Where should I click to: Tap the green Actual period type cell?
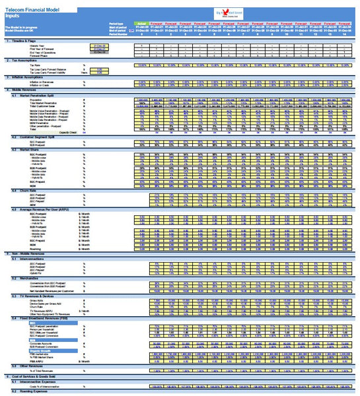click(x=141, y=23)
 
